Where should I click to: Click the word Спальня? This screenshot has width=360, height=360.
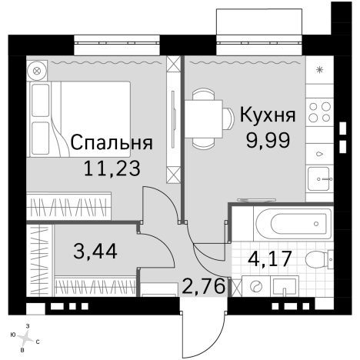(111, 142)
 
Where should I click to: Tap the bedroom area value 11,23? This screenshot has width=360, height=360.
(115, 168)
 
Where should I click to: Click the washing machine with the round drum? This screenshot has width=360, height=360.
(255, 287)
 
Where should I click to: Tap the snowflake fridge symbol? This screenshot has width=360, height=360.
(319, 70)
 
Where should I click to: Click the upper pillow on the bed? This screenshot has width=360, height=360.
(41, 100)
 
